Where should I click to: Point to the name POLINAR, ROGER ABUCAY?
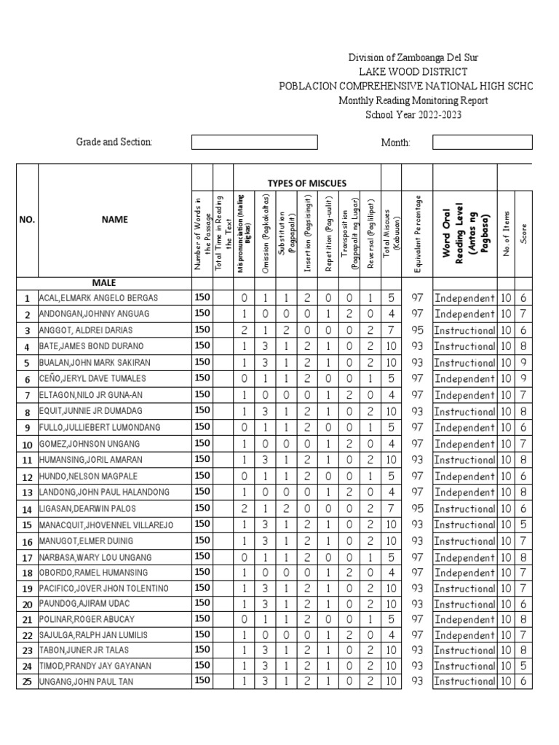tap(87, 620)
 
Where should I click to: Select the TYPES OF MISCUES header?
tap(307, 183)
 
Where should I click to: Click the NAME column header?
tap(114, 219)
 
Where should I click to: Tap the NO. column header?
tap(27, 219)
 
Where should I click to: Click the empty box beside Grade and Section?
tap(254, 142)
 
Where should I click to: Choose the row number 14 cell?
tap(27, 509)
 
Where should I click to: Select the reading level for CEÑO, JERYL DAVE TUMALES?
tap(464, 379)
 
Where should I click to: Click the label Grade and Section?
tap(114, 142)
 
